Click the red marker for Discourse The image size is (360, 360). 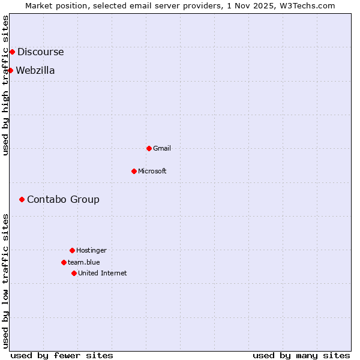pyautogui.click(x=12, y=52)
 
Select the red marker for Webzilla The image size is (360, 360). pyautogui.click(x=10, y=70)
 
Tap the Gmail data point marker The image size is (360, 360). pyautogui.click(x=149, y=148)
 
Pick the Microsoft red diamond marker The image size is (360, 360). pyautogui.click(x=134, y=171)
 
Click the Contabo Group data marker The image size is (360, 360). pyautogui.click(x=22, y=199)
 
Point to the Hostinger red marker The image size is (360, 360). pyautogui.click(x=72, y=250)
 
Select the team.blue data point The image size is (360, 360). pyautogui.click(x=64, y=262)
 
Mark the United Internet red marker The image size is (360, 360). pyautogui.click(x=74, y=273)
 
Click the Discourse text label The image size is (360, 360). pyautogui.click(x=40, y=52)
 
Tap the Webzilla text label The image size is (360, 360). pyautogui.click(x=35, y=70)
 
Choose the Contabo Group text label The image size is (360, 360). pyautogui.click(x=63, y=199)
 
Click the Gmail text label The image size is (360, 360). pyautogui.click(x=162, y=148)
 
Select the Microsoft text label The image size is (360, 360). pyautogui.click(x=152, y=171)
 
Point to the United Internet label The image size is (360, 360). pyautogui.click(x=103, y=273)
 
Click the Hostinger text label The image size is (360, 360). pyautogui.click(x=91, y=250)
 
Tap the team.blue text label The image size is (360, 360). pyautogui.click(x=84, y=262)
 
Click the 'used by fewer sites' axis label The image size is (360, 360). pyautogui.click(x=62, y=355)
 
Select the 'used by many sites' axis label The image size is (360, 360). pyautogui.click(x=301, y=355)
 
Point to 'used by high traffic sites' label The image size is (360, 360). pyautogui.click(x=6, y=85)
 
